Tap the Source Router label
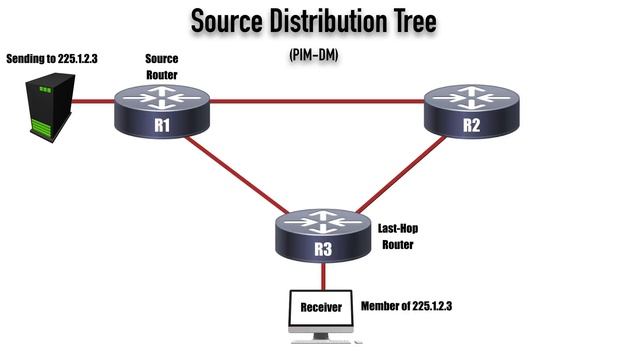pos(161,66)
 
